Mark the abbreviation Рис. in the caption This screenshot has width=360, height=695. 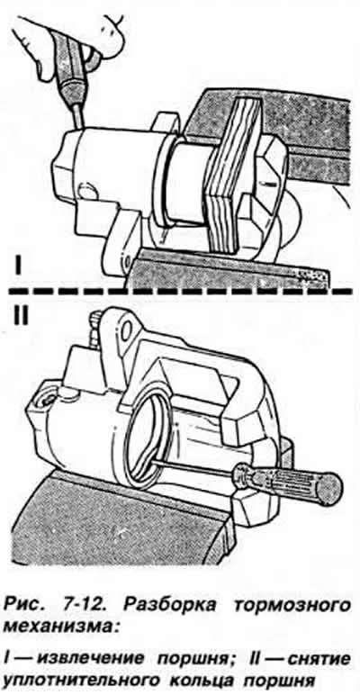25,605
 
